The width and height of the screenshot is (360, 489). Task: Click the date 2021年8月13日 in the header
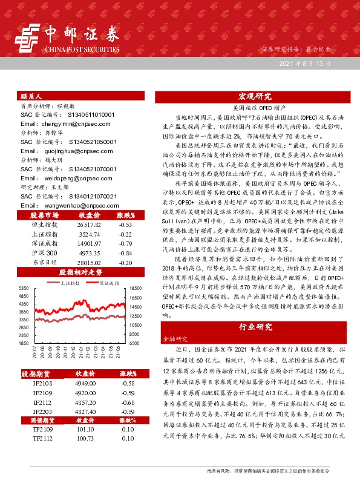click(305, 64)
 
